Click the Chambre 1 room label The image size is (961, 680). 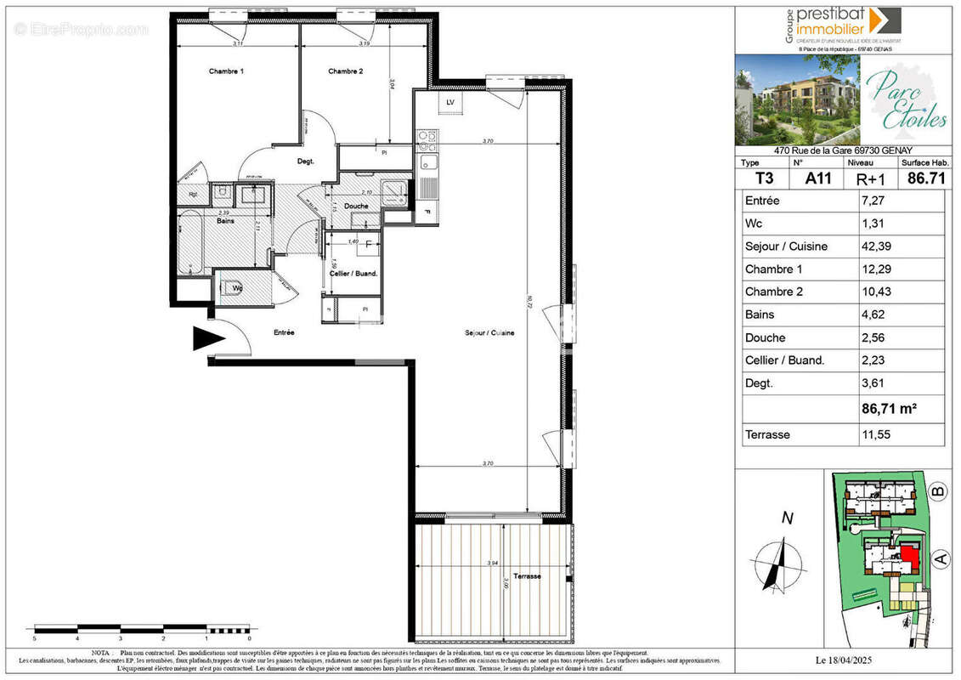point(226,71)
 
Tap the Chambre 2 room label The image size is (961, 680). point(346,71)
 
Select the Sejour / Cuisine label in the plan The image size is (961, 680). point(489,333)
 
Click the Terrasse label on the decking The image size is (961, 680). point(528,576)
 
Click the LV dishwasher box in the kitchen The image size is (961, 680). point(449,103)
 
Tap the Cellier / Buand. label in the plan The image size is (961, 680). point(353,273)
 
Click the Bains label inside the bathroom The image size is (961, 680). point(225,221)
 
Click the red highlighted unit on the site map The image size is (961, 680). point(910,559)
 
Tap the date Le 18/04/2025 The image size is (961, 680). point(844,660)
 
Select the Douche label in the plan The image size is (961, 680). point(357,206)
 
